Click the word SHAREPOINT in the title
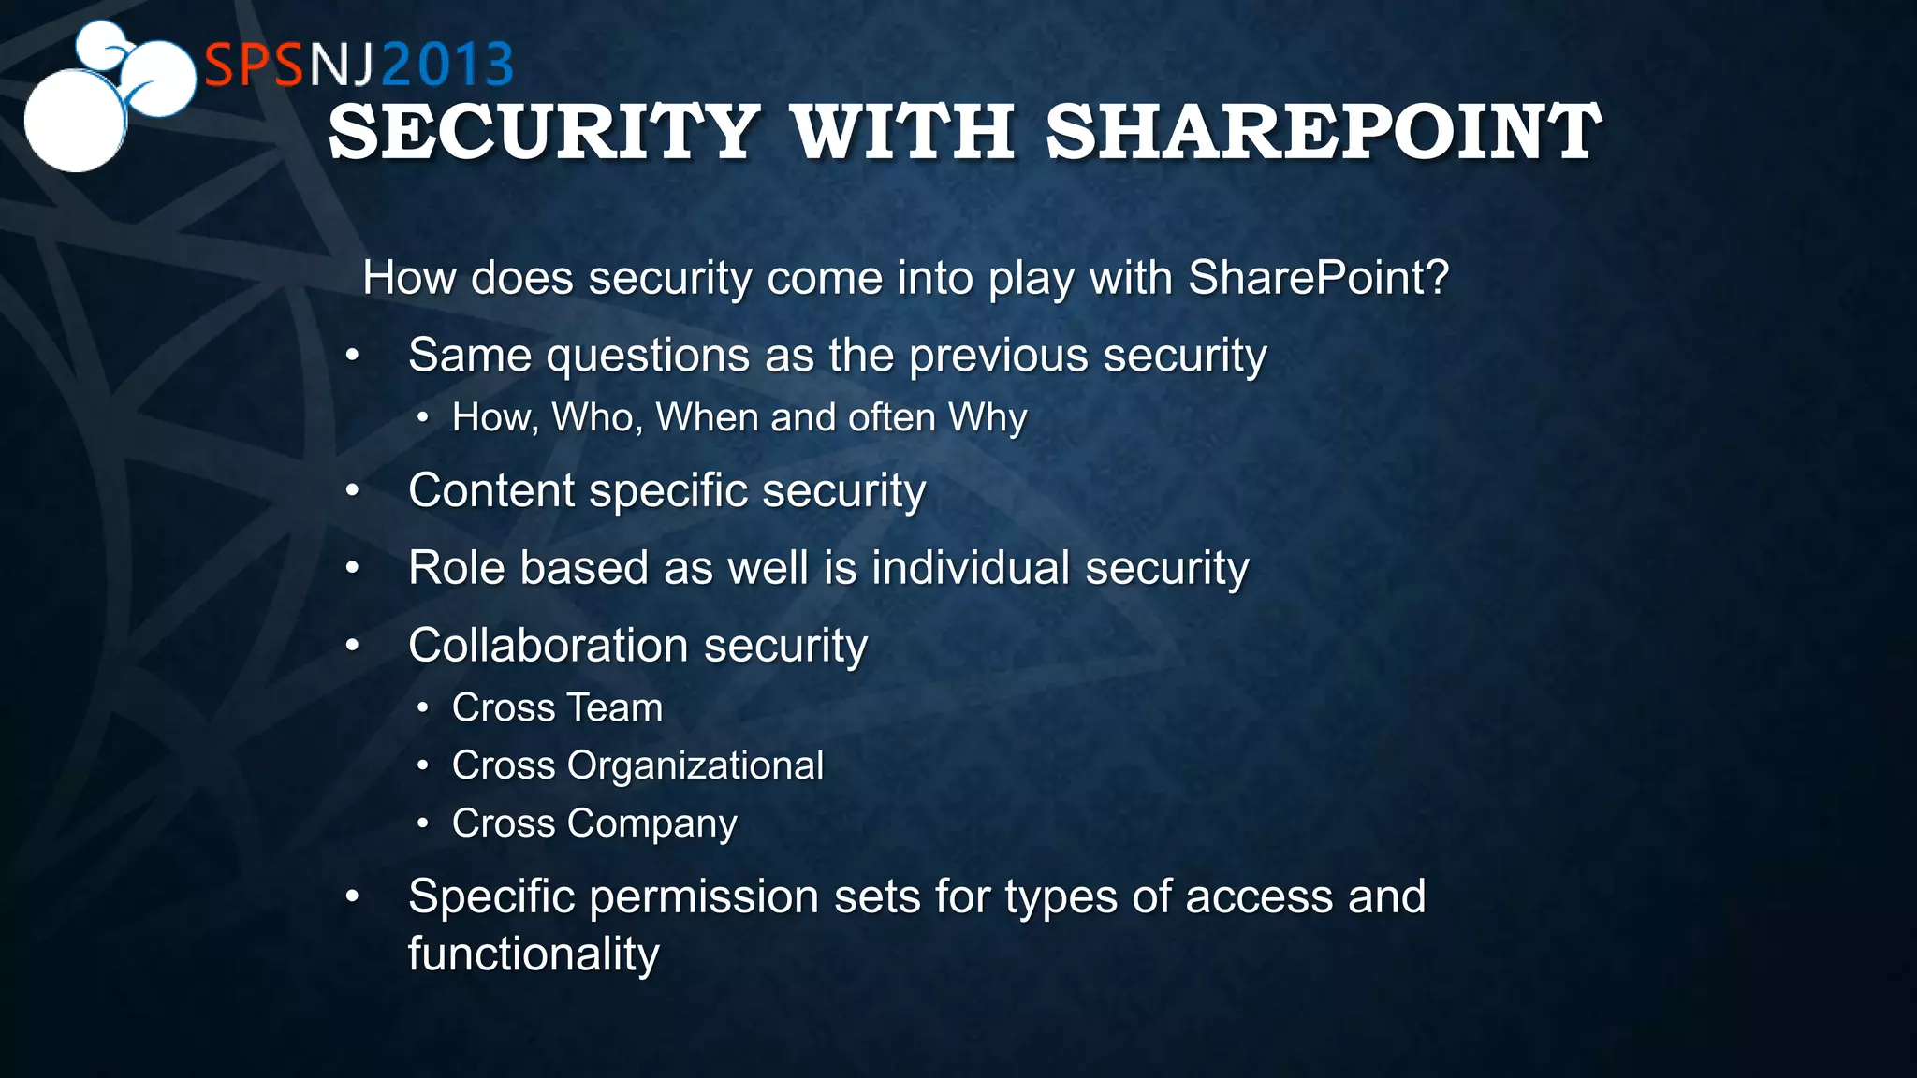click(x=1323, y=133)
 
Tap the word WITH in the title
click(x=902, y=133)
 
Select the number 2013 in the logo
click(x=448, y=66)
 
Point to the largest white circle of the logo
click(x=75, y=120)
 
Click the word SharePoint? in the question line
click(x=1318, y=278)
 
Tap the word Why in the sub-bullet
click(x=988, y=417)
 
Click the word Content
click(x=491, y=490)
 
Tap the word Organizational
click(x=695, y=766)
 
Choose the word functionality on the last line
click(x=534, y=954)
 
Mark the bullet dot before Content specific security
click(x=352, y=490)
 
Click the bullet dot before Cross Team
click(x=423, y=708)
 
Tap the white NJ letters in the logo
click(x=342, y=66)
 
